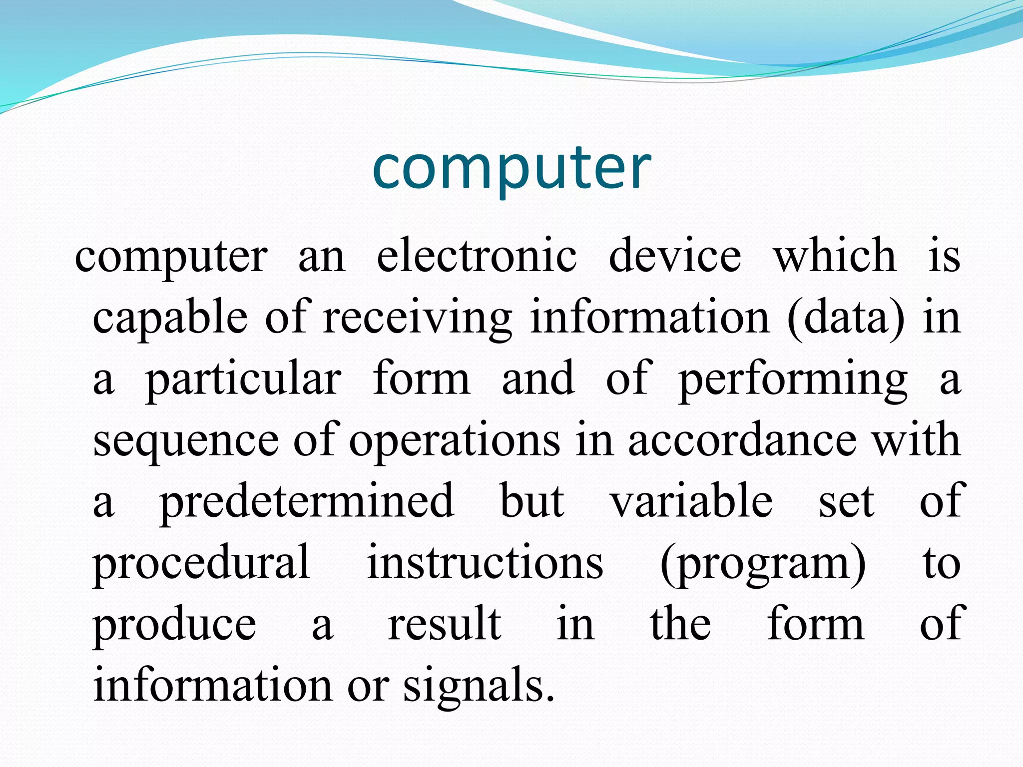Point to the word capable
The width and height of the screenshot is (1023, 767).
170,318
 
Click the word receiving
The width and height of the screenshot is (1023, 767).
418,318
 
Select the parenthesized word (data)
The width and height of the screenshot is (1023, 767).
846,318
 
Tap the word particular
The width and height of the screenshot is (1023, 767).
243,380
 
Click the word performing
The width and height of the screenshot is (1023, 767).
793,380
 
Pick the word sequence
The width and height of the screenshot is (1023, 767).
186,441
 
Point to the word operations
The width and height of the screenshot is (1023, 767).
455,441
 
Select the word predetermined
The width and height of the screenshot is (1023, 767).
307,501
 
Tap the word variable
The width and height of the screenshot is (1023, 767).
691,501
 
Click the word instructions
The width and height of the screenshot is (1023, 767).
485,563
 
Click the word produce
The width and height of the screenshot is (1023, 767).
174,625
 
